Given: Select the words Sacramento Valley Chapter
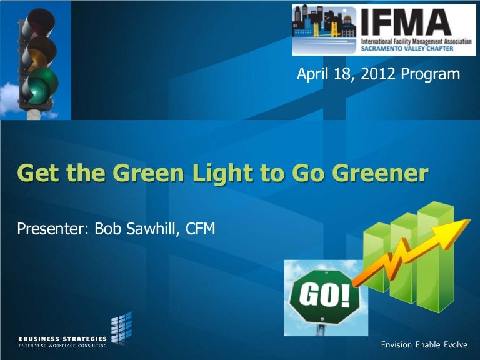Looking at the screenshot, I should (404, 49).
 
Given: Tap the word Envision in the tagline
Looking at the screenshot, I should (397, 345).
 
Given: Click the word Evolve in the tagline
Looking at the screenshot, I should (459, 345).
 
